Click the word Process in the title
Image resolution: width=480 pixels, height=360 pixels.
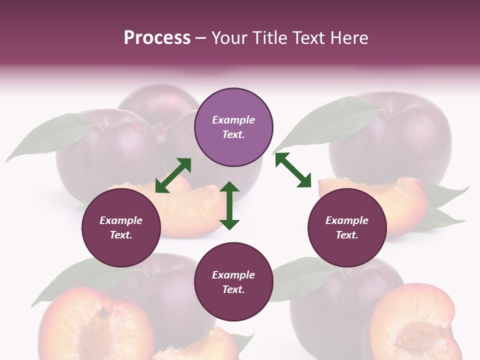pyautogui.click(x=157, y=38)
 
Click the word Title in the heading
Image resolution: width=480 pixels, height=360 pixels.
pyautogui.click(x=268, y=38)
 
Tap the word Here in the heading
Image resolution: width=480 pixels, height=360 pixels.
pyautogui.click(x=348, y=38)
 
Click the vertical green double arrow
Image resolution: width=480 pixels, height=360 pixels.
pyautogui.click(x=229, y=205)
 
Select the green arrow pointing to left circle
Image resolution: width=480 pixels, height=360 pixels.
pyautogui.click(x=173, y=175)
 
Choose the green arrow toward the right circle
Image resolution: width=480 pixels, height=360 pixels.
pyautogui.click(x=293, y=170)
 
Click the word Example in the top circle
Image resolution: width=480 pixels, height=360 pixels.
pyautogui.click(x=233, y=120)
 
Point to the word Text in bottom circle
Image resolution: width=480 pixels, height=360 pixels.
pyautogui.click(x=233, y=289)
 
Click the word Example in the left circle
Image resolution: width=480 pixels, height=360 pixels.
pyautogui.click(x=121, y=220)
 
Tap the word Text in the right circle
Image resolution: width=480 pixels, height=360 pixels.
pyautogui.click(x=347, y=235)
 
